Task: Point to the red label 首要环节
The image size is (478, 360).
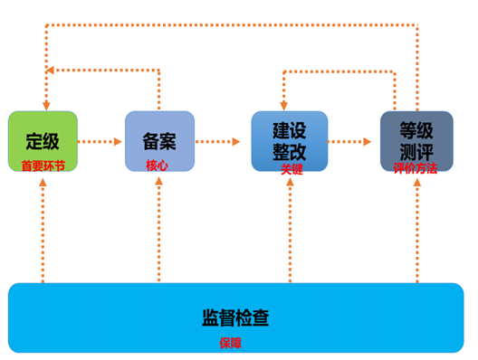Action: pos(43,166)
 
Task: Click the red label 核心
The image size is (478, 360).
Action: pos(157,166)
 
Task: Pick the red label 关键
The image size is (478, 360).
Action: pos(291,168)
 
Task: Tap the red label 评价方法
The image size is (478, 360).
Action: pos(416,168)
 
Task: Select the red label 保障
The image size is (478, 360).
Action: pos(231,344)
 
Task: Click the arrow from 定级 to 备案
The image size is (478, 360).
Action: pos(100,141)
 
